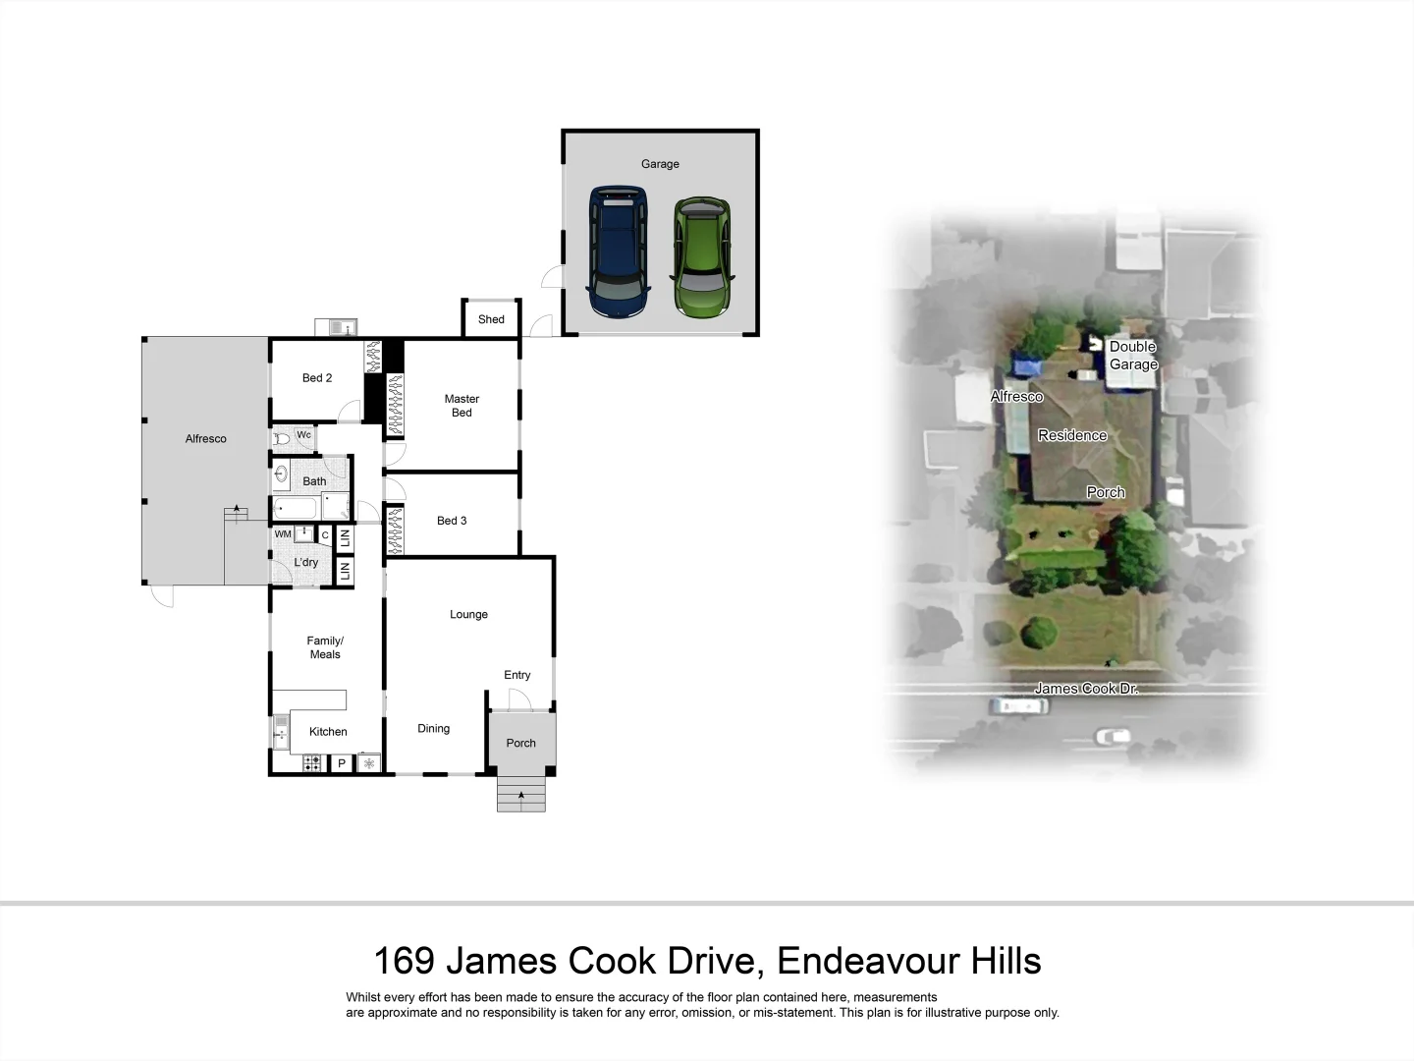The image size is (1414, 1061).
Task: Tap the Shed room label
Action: click(x=491, y=319)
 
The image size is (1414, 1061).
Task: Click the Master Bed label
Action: click(x=462, y=406)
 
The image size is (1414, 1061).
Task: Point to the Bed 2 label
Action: click(x=317, y=378)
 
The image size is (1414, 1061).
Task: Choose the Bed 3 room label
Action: click(x=452, y=521)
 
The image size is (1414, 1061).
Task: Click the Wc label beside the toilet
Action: click(x=303, y=435)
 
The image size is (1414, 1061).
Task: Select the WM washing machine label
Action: click(x=283, y=534)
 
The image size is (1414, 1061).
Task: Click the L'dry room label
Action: click(x=306, y=563)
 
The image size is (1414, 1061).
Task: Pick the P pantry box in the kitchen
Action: click(x=342, y=763)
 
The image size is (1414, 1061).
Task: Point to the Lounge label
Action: click(x=468, y=615)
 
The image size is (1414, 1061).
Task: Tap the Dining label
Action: click(x=433, y=729)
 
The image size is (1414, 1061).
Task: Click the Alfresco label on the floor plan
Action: click(x=206, y=439)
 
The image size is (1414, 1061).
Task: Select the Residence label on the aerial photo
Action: click(x=1072, y=435)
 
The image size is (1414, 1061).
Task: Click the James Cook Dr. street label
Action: click(x=1086, y=689)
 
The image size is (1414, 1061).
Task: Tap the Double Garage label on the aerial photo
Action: click(x=1133, y=356)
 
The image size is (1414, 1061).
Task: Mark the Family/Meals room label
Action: click(x=325, y=647)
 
